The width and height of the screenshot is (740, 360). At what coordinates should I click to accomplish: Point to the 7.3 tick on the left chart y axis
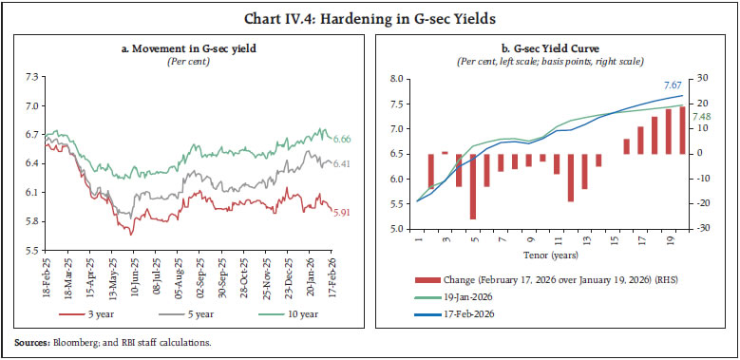[33, 75]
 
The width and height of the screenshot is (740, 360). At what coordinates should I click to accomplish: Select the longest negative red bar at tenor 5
[473, 186]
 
